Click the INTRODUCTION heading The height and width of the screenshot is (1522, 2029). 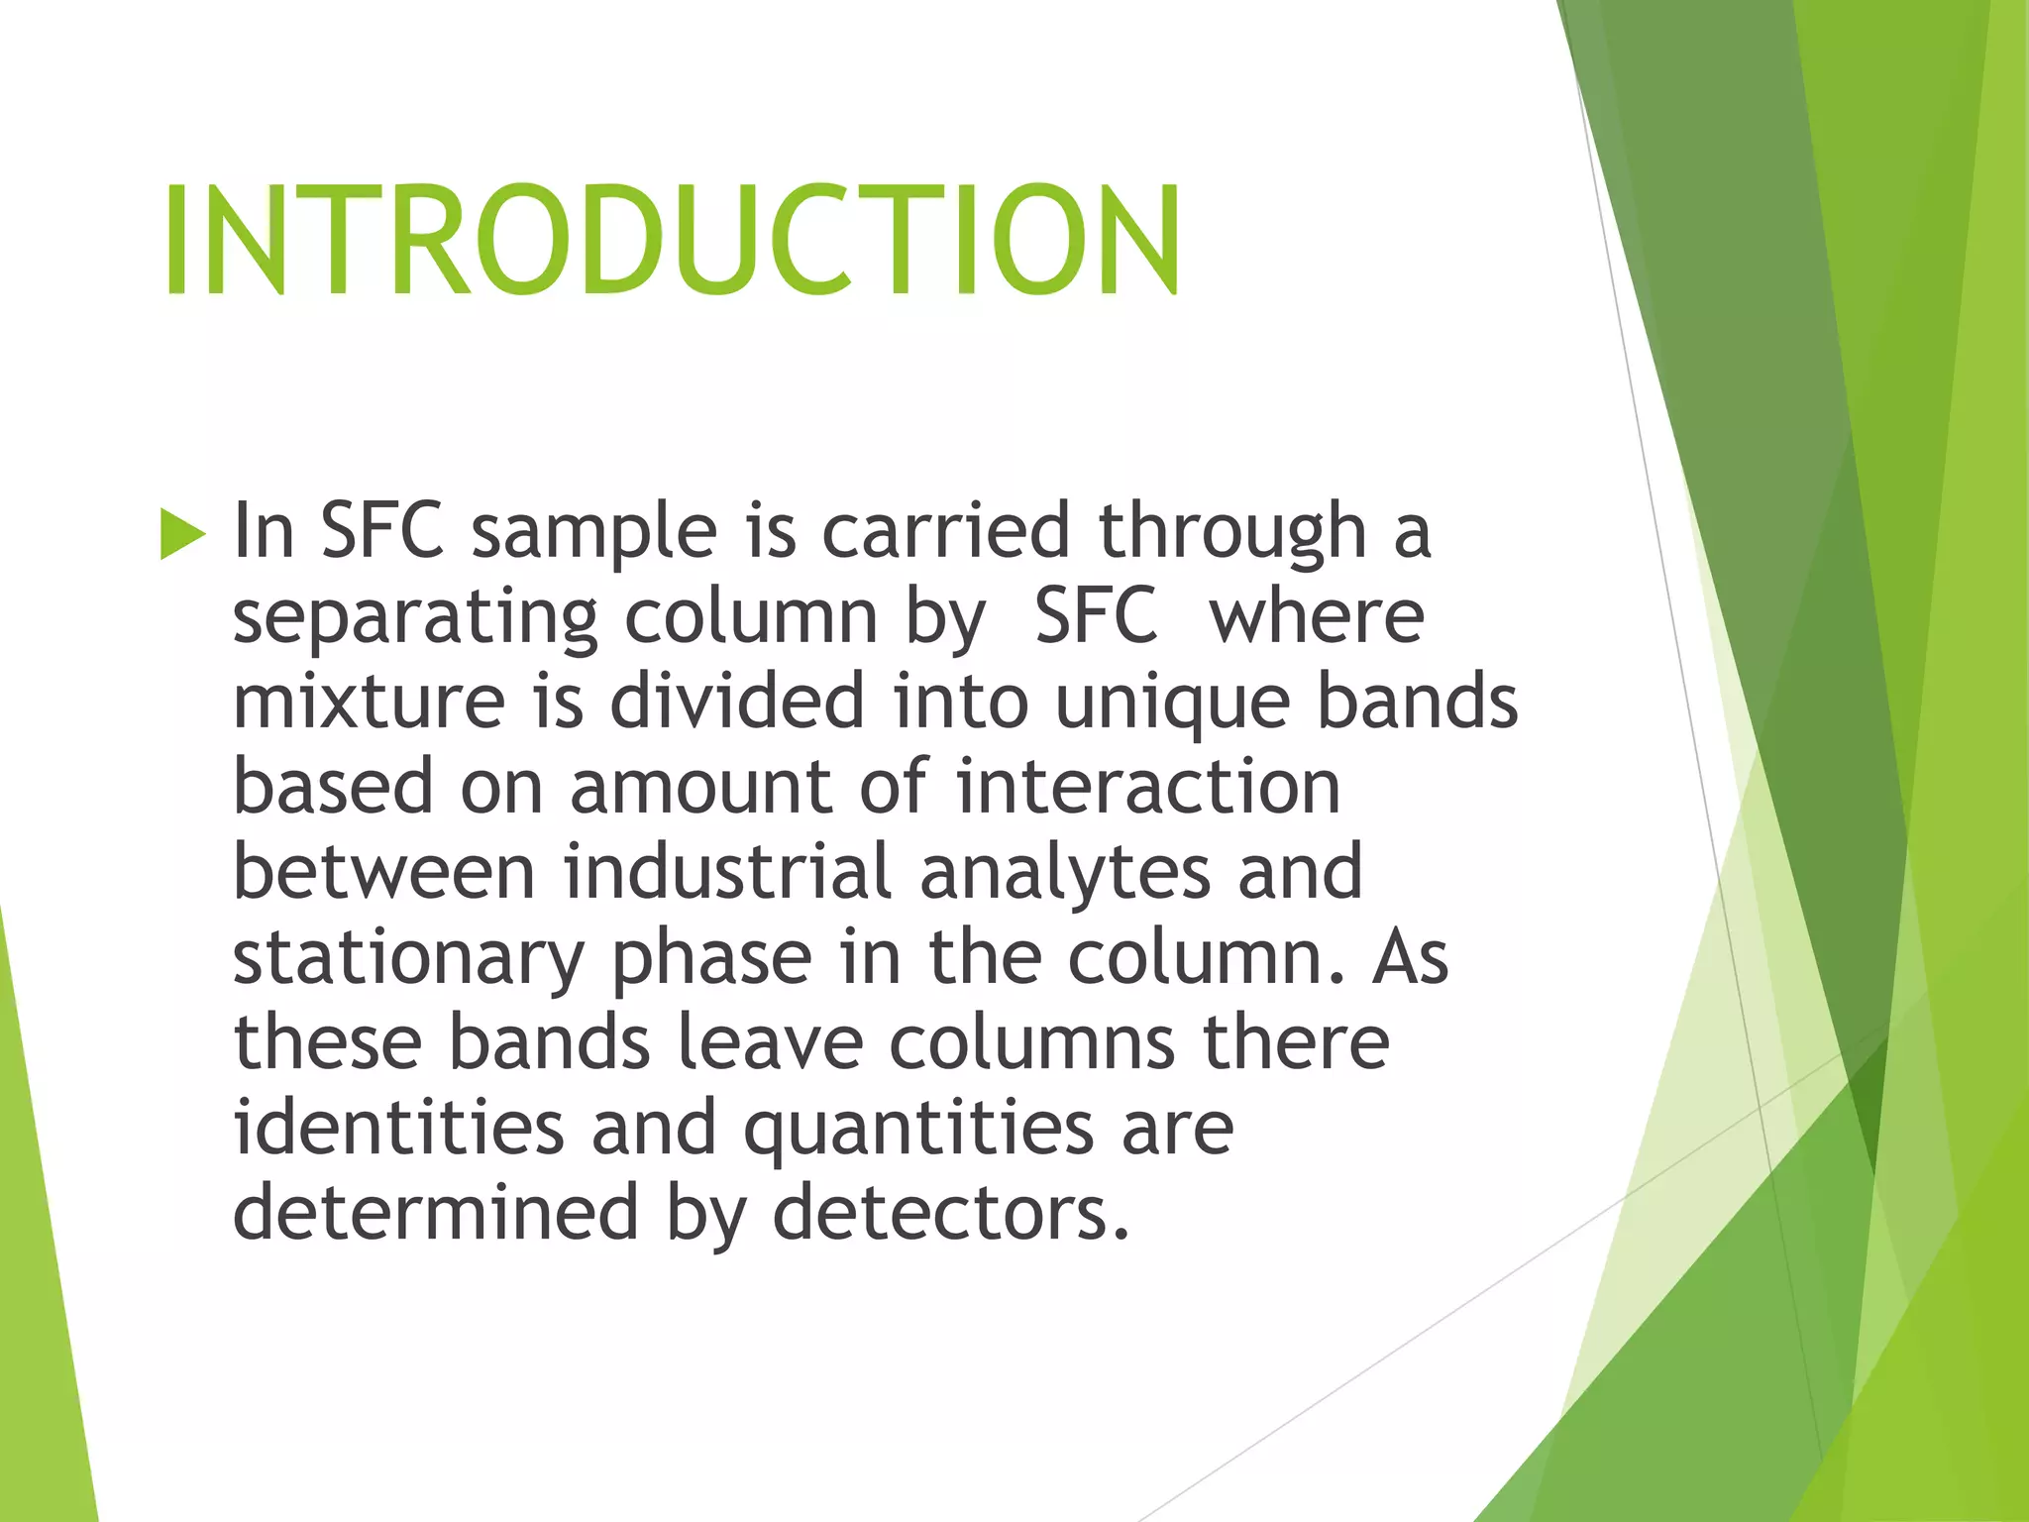coord(672,240)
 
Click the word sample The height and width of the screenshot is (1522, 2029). coord(593,532)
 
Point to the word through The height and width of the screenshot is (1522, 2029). coord(1232,532)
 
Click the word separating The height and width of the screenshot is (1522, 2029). coord(414,618)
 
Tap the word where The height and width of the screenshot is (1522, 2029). coord(1317,616)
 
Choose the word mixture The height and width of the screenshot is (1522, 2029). coord(369,702)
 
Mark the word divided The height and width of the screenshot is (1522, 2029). coord(737,702)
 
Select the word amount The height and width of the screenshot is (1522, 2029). coord(700,787)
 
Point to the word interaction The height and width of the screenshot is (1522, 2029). coord(1147,787)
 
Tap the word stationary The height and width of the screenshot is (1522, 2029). coord(408,959)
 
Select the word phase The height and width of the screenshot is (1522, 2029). coord(711,959)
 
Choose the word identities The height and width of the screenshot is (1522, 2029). coord(398,1128)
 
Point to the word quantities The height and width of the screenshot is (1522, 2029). coord(918,1130)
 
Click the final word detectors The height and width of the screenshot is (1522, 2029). coord(950,1213)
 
